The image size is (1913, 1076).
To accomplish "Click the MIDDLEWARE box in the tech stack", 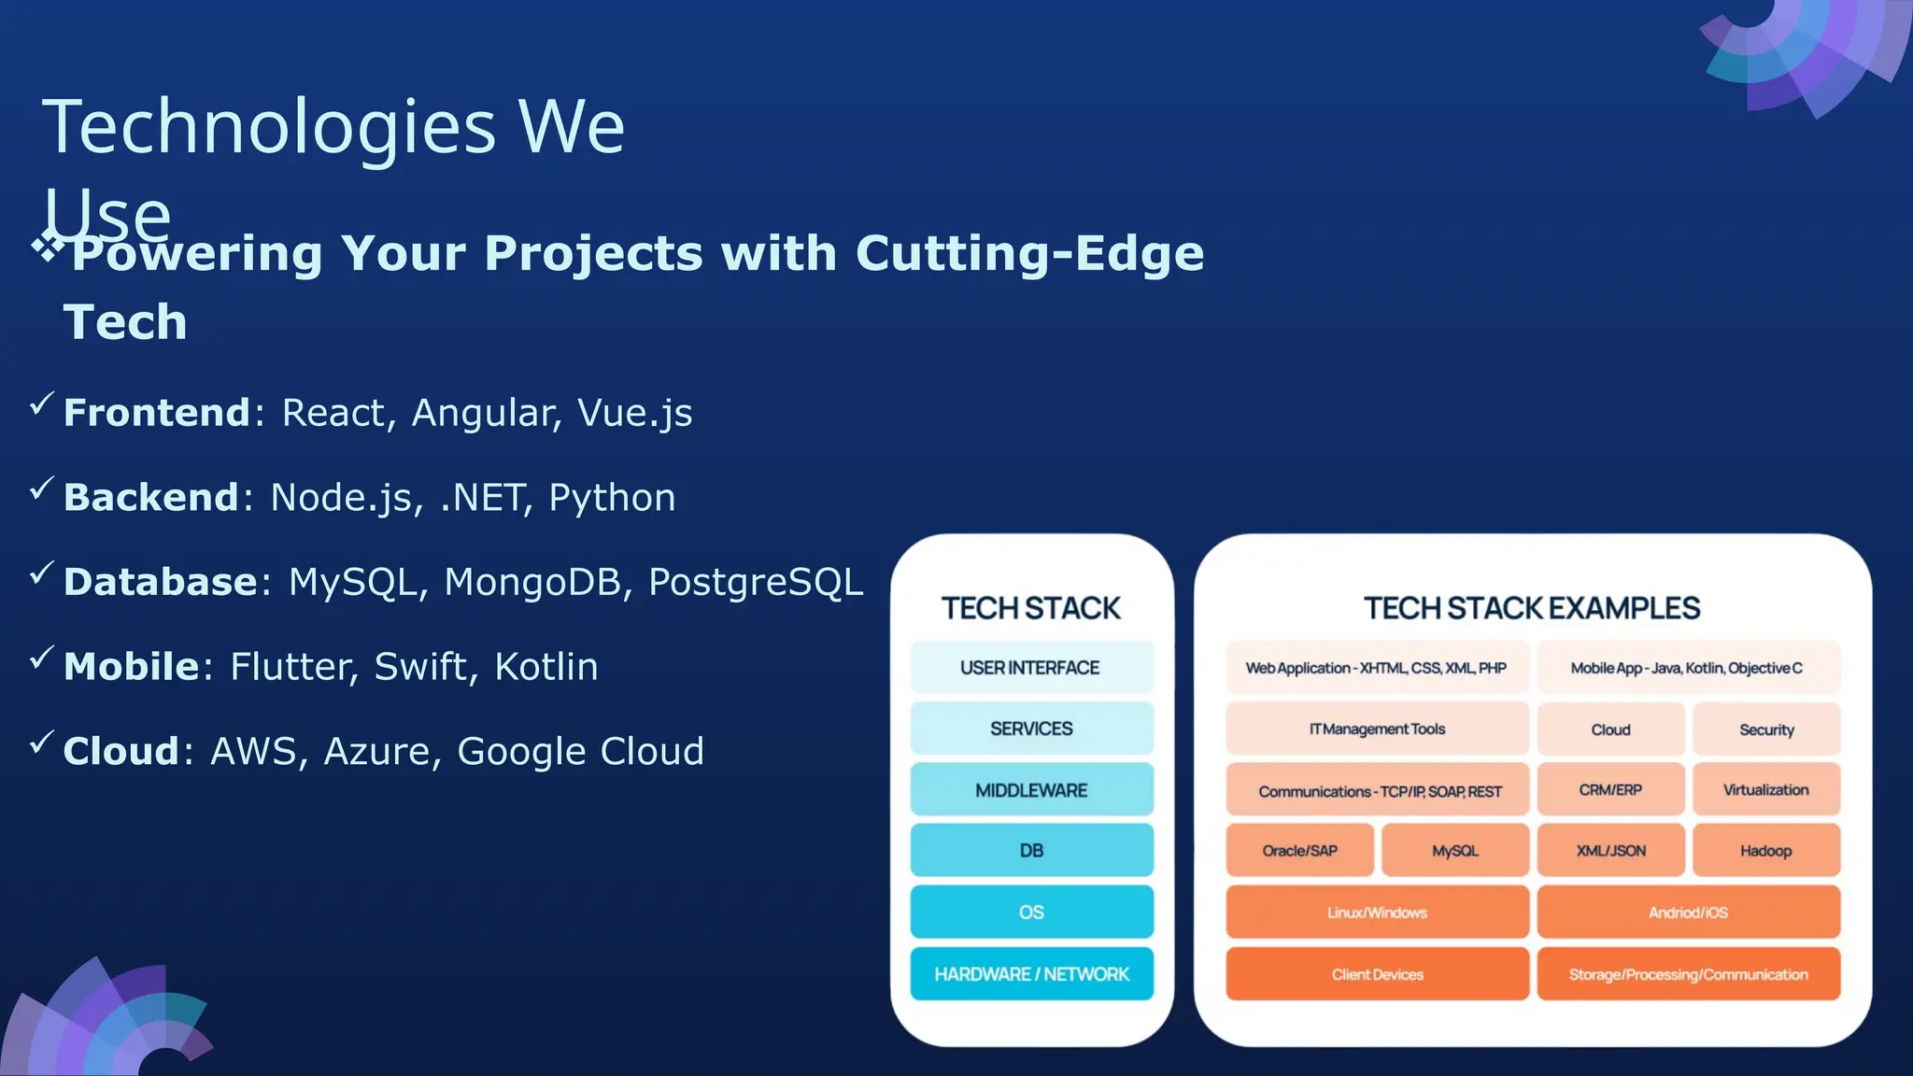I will click(1031, 790).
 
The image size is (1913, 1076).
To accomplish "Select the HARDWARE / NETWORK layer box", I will click(1031, 974).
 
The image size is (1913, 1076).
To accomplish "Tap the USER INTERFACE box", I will click(1031, 668).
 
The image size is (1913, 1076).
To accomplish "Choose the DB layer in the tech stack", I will click(1031, 851).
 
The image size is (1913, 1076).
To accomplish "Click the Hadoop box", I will click(1765, 851).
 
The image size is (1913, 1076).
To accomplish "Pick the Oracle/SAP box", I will click(1299, 851).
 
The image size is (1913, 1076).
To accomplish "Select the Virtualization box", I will click(1765, 790).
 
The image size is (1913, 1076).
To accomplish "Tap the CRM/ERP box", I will click(1610, 790).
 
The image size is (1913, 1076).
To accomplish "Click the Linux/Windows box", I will click(1377, 913).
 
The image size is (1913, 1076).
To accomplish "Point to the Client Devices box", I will click(1377, 974).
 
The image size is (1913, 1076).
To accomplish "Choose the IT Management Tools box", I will click(1377, 729).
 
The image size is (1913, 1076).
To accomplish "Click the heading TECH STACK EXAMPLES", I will click(1532, 609).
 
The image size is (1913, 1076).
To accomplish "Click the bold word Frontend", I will click(156, 413).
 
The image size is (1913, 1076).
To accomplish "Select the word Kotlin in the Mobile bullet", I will click(546, 667).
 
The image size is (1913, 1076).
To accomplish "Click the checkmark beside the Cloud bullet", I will click(41, 743).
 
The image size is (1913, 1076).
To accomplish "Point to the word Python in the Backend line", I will click(612, 498).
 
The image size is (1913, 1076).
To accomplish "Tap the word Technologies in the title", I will click(269, 127).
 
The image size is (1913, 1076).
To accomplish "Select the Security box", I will click(1765, 729).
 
